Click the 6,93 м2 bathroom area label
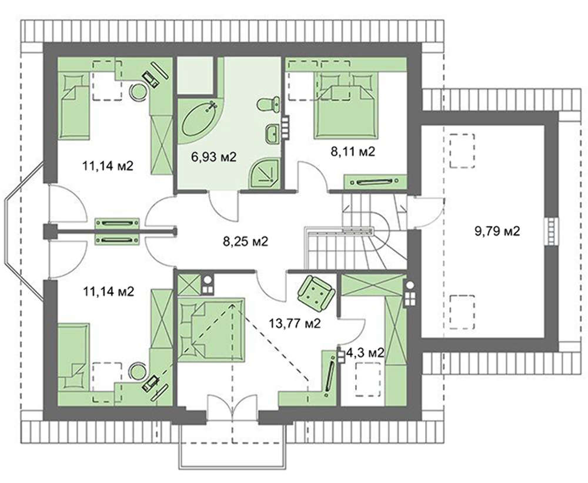tap(214, 157)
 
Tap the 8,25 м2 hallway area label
tap(246, 241)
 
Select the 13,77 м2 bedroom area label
tap(295, 323)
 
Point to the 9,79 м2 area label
tap(497, 231)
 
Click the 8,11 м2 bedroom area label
tap(352, 152)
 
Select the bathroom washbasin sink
tap(272, 134)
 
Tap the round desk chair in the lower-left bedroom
tap(138, 371)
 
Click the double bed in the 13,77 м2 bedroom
tap(211, 330)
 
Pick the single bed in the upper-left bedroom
tap(74, 105)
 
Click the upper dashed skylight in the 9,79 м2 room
tap(462, 150)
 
